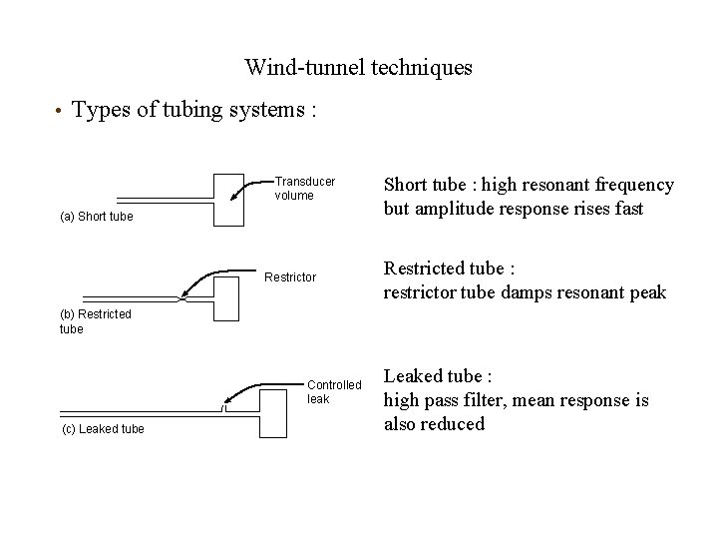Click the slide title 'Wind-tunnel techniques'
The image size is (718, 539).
click(x=358, y=68)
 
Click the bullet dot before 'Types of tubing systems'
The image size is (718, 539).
click(x=60, y=111)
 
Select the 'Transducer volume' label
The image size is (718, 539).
click(x=304, y=189)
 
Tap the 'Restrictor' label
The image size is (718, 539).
click(x=289, y=276)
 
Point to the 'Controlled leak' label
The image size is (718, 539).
click(x=334, y=391)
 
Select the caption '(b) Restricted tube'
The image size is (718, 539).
click(x=96, y=320)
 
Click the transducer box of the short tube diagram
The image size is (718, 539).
click(x=228, y=200)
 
